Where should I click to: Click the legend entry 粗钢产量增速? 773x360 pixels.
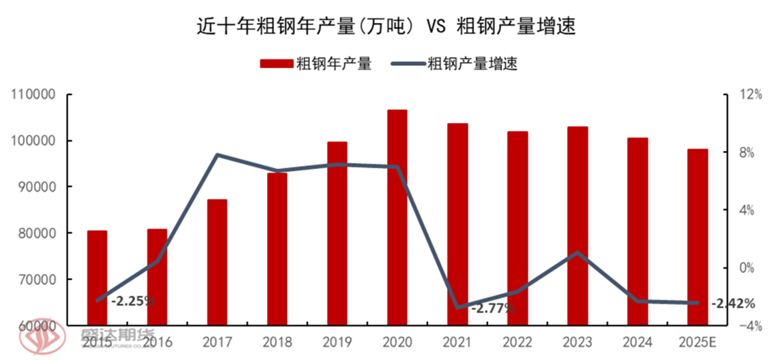(x=454, y=64)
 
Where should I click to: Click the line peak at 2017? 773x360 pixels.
(x=217, y=155)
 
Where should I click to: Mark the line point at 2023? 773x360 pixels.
(x=578, y=253)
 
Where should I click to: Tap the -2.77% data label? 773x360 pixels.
(x=494, y=308)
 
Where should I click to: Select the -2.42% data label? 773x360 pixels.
(x=733, y=303)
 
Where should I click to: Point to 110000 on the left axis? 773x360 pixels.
(x=34, y=94)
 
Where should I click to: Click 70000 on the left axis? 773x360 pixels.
(x=37, y=279)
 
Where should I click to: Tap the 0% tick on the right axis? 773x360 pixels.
(x=746, y=268)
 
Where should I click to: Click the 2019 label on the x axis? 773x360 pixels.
(x=337, y=341)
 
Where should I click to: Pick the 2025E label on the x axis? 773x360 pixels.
(x=698, y=341)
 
